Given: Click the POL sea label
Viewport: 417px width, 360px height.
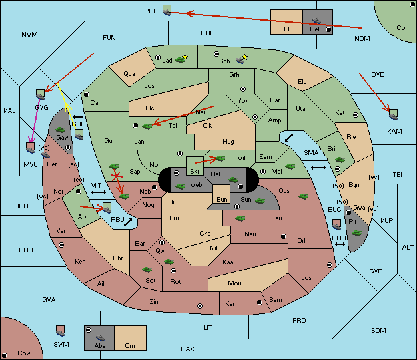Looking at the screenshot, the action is pos(151,11).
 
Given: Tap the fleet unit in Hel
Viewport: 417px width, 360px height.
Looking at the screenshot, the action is pos(316,21).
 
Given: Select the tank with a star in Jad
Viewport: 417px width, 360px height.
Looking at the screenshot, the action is pos(181,59).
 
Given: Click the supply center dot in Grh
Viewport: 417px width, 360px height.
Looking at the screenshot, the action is pos(243,89).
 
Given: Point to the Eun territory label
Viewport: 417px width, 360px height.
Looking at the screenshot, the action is pos(222,200).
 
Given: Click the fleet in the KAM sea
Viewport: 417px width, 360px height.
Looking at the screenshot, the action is pos(393,114).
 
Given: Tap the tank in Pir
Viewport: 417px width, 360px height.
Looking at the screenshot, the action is pos(356,233).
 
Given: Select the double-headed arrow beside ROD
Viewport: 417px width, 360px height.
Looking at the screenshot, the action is pos(340,244).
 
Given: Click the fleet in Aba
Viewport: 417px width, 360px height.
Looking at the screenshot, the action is pos(100,337).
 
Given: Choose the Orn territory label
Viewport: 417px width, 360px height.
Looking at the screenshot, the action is pos(130,345).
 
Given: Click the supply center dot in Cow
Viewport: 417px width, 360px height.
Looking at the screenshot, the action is pos(5,355).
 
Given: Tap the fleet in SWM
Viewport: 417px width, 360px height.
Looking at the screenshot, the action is pos(61,331).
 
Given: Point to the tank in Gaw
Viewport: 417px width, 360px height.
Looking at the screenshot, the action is pos(61,130).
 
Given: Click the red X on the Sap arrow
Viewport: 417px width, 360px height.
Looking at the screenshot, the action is pos(117,176).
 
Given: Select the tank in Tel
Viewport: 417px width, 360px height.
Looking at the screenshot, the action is pos(147,126).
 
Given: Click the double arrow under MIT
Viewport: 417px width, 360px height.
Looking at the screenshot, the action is pos(99,192).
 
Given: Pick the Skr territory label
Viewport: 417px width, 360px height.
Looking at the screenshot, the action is pos(195,172).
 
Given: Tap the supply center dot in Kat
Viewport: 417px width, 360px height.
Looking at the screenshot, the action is pos(356,115).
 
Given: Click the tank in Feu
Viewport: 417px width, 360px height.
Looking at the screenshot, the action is pos(240,218).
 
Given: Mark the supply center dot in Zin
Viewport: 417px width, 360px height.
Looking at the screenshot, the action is pos(200,306).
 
